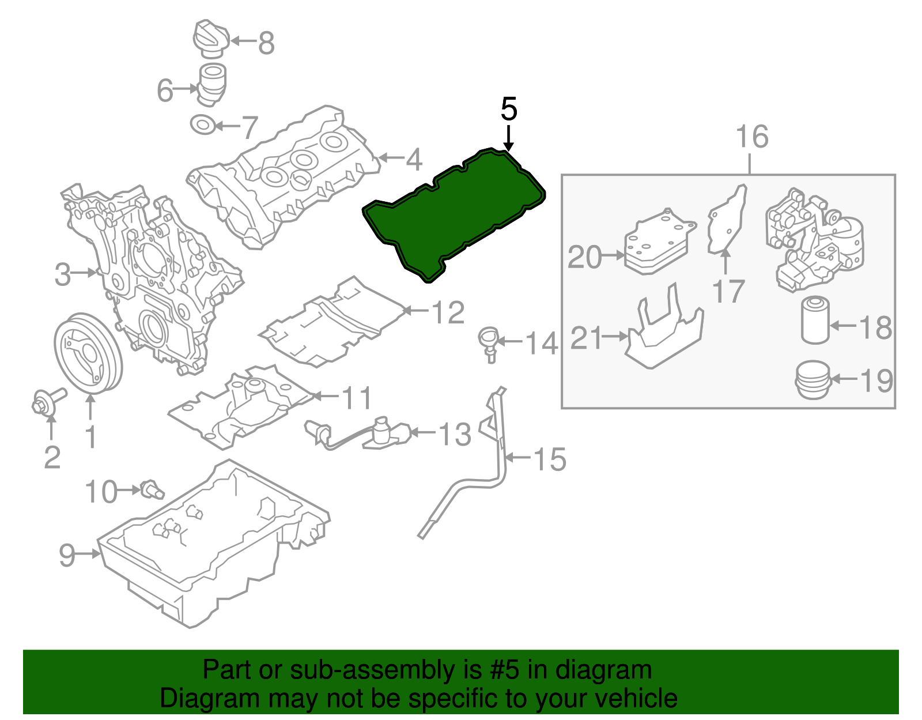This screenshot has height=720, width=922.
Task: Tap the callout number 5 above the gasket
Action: coord(509,110)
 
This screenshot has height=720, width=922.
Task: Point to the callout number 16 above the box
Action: coord(752,137)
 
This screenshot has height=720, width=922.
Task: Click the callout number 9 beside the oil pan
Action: coord(67,555)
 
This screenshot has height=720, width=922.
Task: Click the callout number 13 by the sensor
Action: coord(455,434)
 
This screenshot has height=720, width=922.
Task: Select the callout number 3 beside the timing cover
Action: coord(63,274)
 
